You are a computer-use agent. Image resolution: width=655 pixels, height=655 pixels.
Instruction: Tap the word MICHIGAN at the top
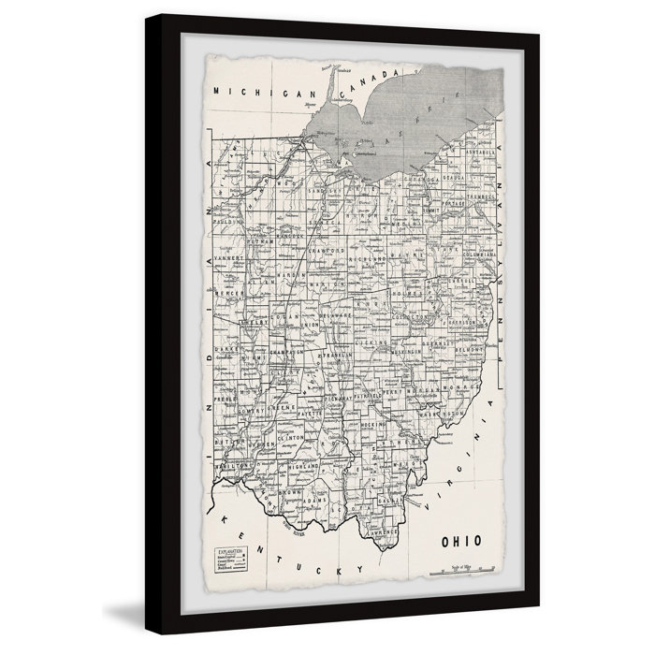(x=252, y=91)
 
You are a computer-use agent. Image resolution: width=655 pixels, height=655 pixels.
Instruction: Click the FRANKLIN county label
(x=338, y=357)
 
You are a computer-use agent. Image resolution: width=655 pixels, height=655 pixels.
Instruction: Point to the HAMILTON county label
(x=234, y=465)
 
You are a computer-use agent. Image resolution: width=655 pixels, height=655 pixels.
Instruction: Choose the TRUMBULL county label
(x=480, y=197)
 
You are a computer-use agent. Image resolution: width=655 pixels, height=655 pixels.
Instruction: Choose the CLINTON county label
(x=291, y=436)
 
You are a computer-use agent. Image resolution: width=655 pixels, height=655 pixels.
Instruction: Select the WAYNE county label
(x=405, y=253)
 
